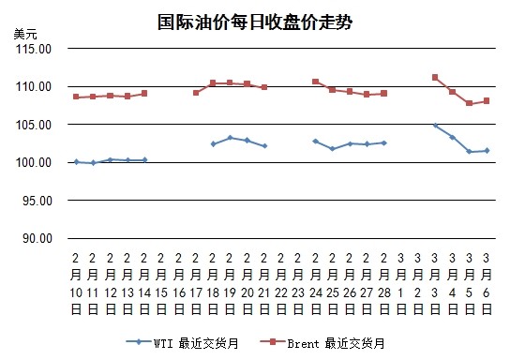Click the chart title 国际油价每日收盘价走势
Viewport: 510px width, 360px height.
pyautogui.click(x=255, y=22)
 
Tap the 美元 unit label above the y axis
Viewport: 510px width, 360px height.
pyautogui.click(x=25, y=34)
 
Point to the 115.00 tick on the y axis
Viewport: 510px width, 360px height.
pyautogui.click(x=34, y=49)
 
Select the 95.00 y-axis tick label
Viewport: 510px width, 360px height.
pyautogui.click(x=37, y=201)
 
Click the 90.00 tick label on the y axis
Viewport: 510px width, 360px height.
pyautogui.click(x=37, y=238)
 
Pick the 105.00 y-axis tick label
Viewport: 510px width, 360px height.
pyautogui.click(x=34, y=125)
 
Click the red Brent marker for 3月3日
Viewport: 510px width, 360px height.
pyautogui.click(x=435, y=78)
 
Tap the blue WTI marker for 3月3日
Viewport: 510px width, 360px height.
pyautogui.click(x=435, y=126)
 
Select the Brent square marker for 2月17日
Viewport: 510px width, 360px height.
pyautogui.click(x=196, y=93)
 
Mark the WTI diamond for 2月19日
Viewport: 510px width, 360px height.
pyautogui.click(x=231, y=138)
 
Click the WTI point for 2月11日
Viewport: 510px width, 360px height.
pyautogui.click(x=94, y=163)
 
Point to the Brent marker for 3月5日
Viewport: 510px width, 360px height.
pyautogui.click(x=469, y=103)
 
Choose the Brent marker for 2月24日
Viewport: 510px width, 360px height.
pyautogui.click(x=316, y=82)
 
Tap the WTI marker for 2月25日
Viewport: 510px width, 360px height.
pyautogui.click(x=333, y=149)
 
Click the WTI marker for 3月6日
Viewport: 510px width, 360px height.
pyautogui.click(x=487, y=151)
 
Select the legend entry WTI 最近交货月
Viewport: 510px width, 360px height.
pyautogui.click(x=182, y=343)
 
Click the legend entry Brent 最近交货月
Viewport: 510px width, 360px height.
pyautogui.click(x=322, y=343)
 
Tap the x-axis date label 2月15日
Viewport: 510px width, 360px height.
pyautogui.click(x=161, y=283)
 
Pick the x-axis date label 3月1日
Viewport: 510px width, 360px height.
pyautogui.click(x=400, y=283)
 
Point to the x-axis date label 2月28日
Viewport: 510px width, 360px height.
pyautogui.click(x=383, y=283)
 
